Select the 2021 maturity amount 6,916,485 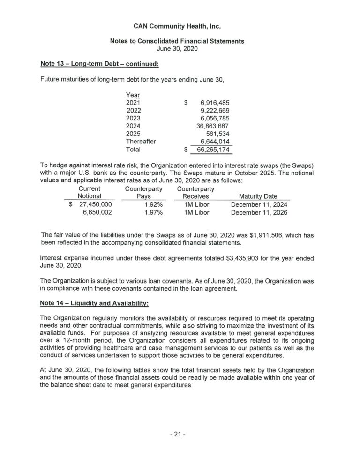215,102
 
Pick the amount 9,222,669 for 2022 215,110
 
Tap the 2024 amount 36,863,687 212,126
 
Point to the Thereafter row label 141,142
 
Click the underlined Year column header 133,94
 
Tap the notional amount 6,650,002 97,212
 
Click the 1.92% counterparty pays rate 153,204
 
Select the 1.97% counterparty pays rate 153,212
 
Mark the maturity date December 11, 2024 259,204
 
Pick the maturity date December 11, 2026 259,212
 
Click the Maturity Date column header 258,196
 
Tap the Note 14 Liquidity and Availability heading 95,304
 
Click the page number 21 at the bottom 178,434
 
